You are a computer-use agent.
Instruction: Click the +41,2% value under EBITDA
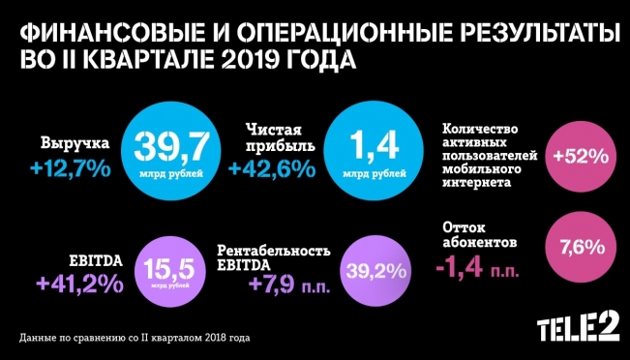tap(79, 285)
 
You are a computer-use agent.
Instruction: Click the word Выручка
tap(75, 144)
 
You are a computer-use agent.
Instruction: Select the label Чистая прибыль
tap(273, 136)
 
